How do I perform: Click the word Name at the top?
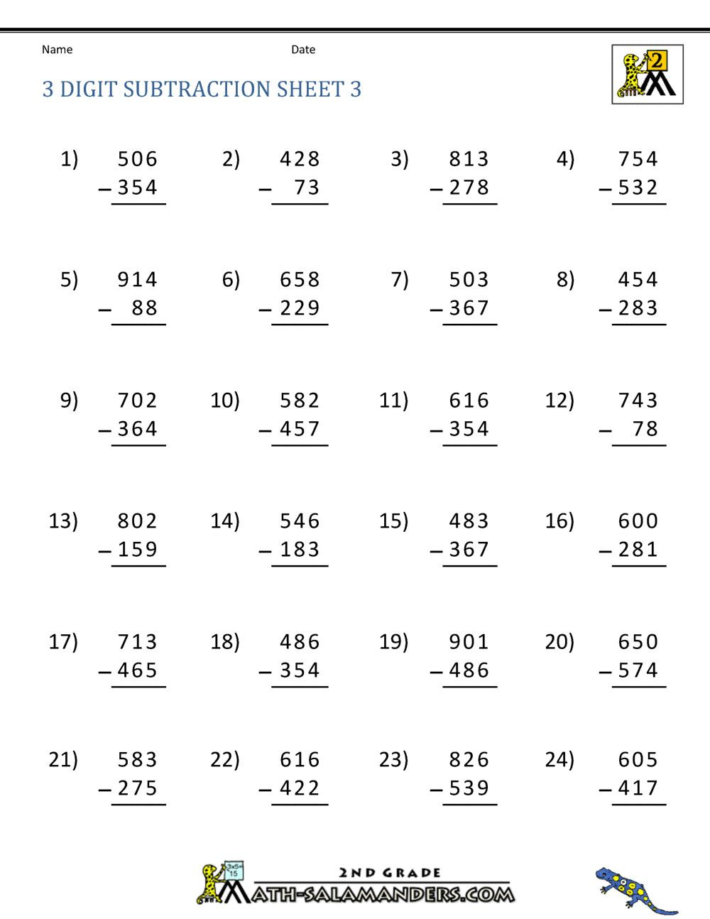57,50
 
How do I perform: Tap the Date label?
303,50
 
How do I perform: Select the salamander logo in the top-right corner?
647,75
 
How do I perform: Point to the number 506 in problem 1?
138,159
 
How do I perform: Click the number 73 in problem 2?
307,187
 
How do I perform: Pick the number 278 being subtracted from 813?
469,187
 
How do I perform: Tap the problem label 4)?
565,159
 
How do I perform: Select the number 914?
138,280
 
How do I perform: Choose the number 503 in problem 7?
469,280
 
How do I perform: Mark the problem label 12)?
559,401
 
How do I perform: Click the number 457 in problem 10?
300,429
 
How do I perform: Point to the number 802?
138,521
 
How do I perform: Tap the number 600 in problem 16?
638,521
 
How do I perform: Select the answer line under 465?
138,687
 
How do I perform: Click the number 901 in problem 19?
469,642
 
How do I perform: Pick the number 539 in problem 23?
469,788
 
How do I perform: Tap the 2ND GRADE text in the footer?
390,873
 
